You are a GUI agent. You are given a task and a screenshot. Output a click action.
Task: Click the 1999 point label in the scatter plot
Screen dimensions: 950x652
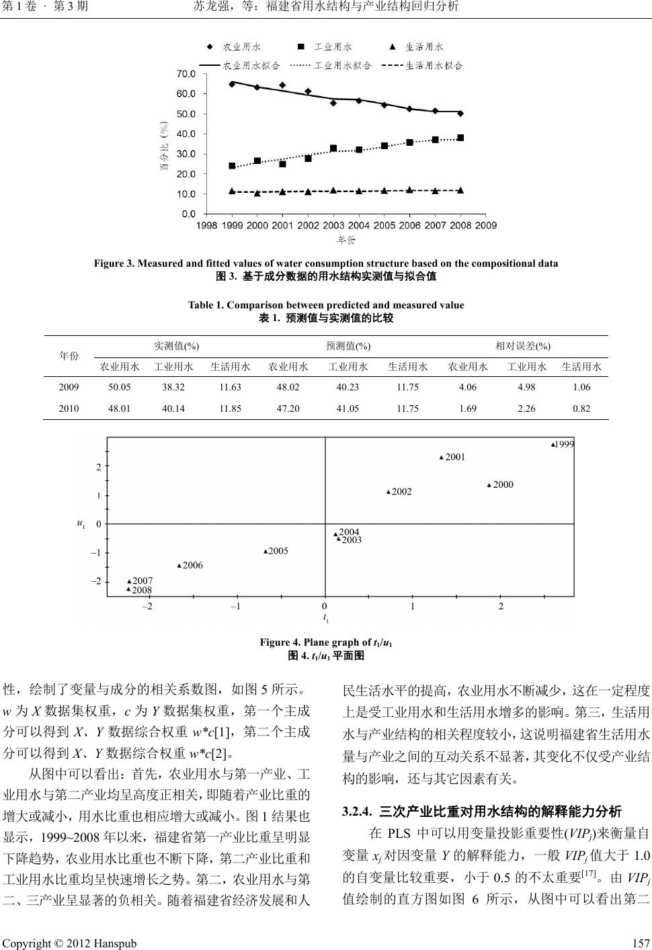tap(565, 444)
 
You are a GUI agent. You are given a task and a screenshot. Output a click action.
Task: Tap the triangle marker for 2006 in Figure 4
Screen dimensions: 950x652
tap(179, 566)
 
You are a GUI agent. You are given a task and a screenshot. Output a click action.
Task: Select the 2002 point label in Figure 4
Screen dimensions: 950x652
tap(401, 492)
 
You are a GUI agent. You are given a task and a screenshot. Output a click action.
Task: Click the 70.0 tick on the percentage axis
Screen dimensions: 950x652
tap(186, 73)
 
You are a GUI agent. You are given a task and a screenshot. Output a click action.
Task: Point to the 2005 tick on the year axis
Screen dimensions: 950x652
tap(384, 225)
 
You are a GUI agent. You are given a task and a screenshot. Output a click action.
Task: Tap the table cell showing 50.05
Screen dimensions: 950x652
tap(120, 387)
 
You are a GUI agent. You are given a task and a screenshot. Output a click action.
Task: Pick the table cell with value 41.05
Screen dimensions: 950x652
tap(348, 408)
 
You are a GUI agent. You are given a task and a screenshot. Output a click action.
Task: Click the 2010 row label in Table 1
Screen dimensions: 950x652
tap(69, 408)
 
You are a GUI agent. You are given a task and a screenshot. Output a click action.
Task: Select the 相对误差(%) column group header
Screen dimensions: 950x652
tap(523, 346)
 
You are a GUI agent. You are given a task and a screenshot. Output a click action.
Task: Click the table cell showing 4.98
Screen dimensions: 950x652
tap(526, 387)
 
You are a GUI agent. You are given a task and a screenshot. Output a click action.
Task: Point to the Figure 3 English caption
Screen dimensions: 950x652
tap(326, 263)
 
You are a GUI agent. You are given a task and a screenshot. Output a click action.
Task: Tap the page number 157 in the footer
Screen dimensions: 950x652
tap(641, 943)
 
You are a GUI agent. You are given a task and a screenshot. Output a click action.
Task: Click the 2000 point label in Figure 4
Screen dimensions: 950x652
tap(503, 484)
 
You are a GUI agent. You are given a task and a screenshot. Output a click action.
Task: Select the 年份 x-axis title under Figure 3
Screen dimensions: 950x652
tap(345, 239)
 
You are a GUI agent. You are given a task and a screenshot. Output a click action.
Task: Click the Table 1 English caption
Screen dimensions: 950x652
tap(326, 305)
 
